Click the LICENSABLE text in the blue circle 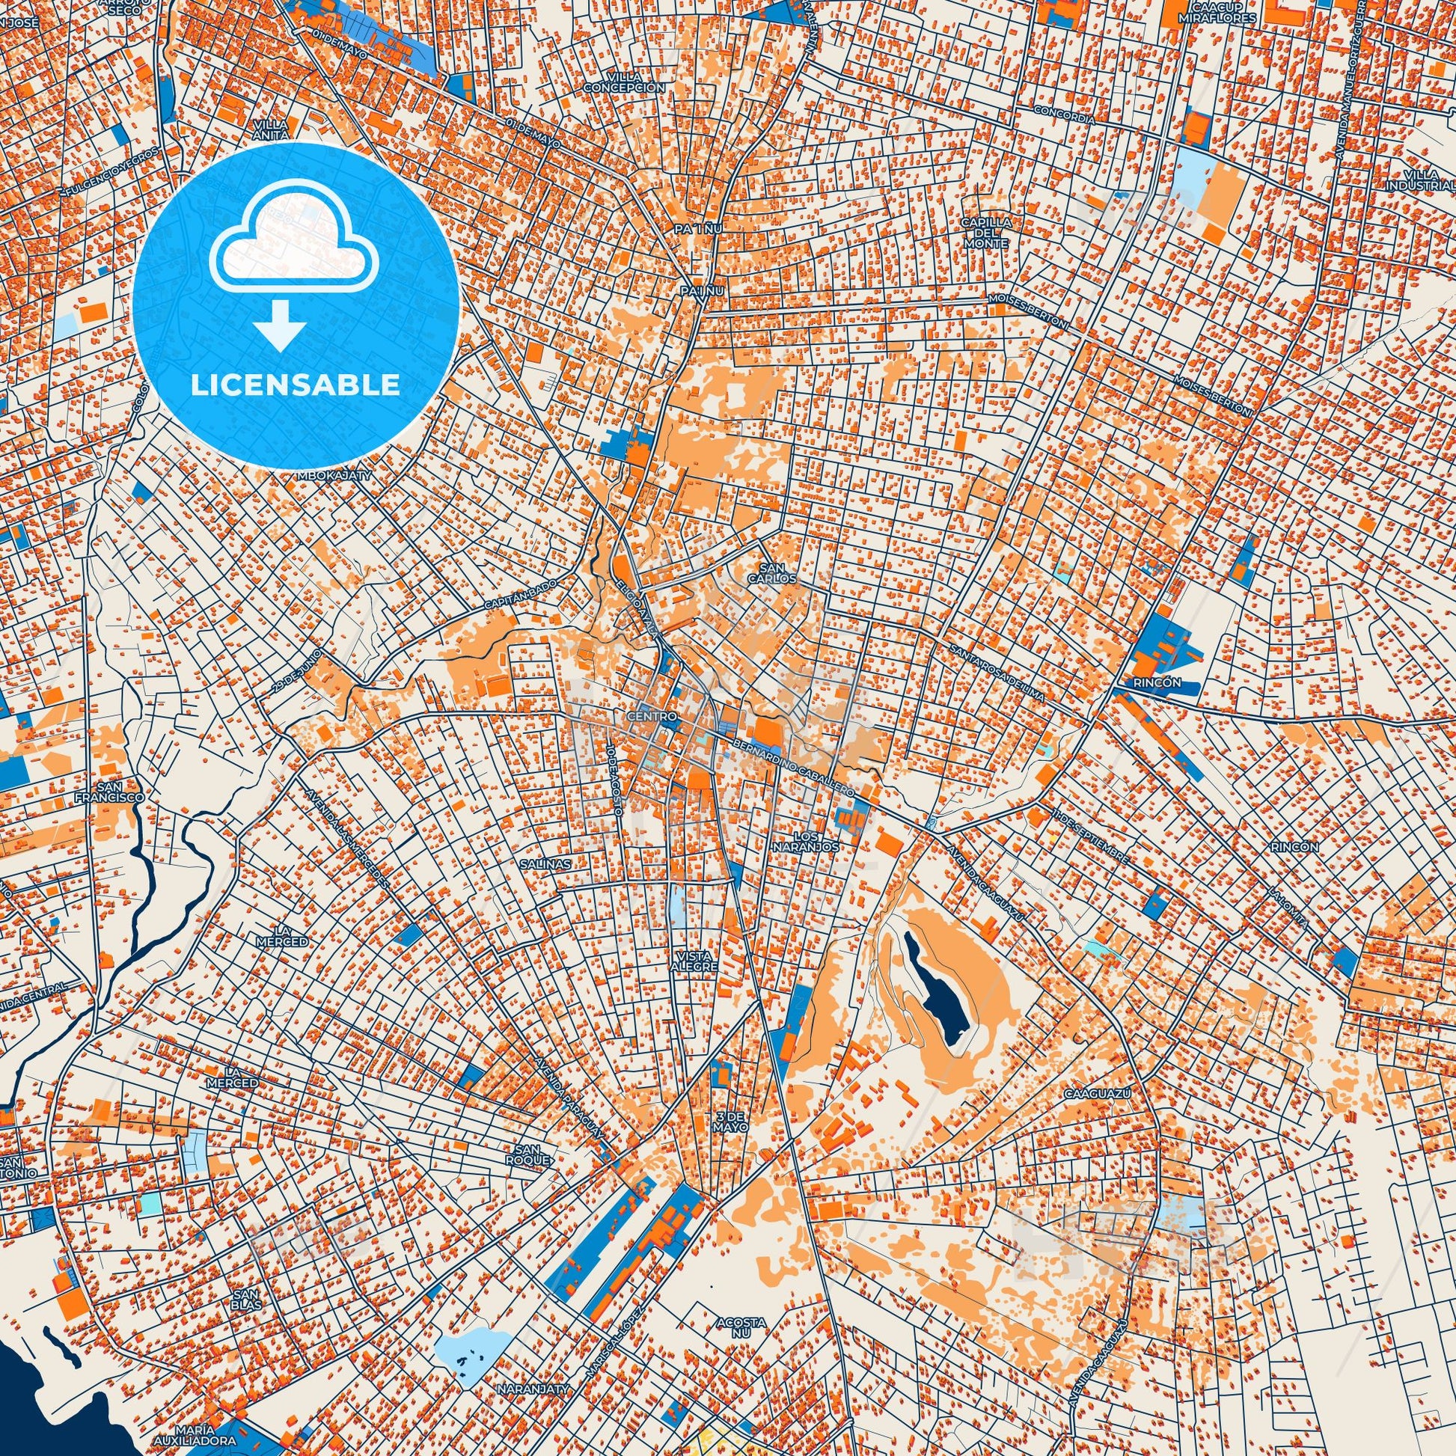295,385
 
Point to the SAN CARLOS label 777,573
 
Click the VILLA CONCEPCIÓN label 625,82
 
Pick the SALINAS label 545,863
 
